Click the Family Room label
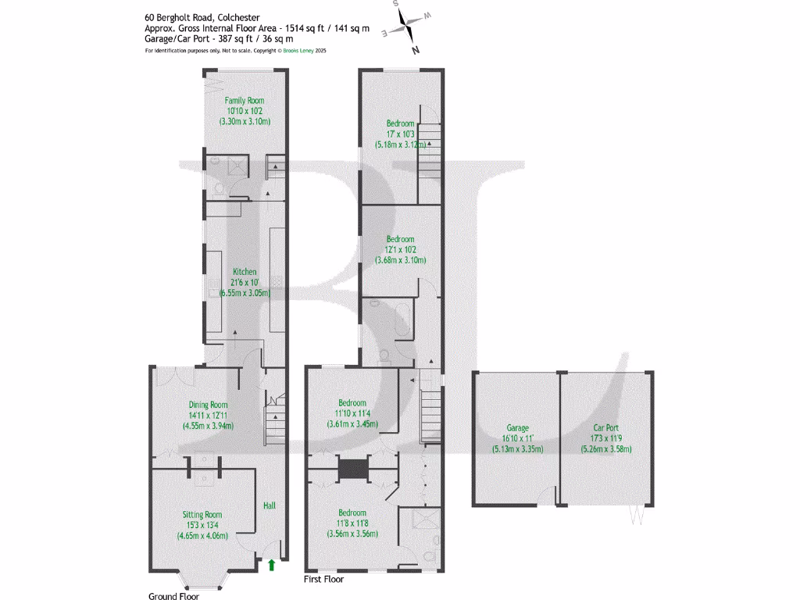pos(245,101)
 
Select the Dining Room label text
pos(208,405)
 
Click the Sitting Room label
pos(202,515)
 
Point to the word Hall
pos(270,506)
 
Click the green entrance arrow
pos(271,564)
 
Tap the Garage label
pos(517,428)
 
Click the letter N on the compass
pos(416,51)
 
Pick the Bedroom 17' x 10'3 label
pos(400,123)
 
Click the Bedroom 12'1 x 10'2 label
pos(400,239)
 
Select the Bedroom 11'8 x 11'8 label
pos(352,513)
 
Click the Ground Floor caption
pos(173,596)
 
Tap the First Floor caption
pos(323,580)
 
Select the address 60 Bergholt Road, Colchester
pos(202,16)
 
